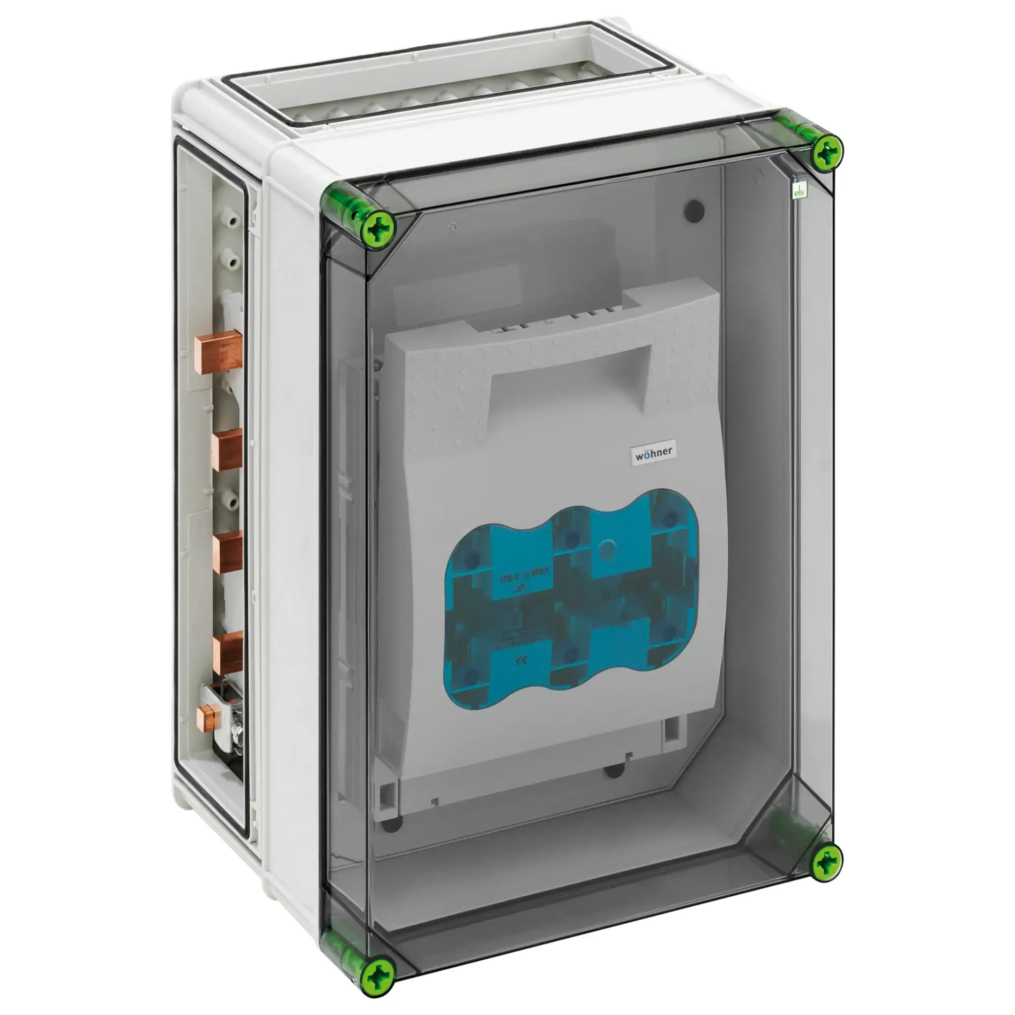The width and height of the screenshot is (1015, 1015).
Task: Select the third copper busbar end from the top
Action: point(227,550)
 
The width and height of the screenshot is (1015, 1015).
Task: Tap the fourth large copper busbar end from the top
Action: point(227,652)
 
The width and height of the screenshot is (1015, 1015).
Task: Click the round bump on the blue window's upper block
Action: point(607,550)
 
